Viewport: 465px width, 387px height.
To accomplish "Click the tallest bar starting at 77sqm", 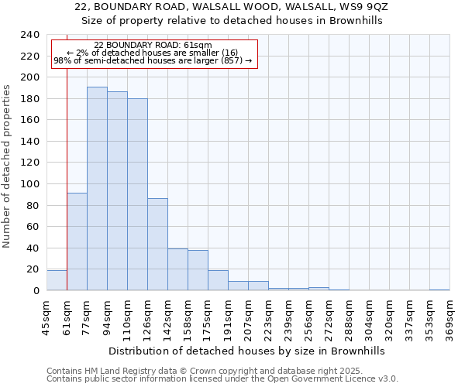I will click(97, 189).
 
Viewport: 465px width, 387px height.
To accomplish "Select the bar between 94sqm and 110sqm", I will click(117, 191).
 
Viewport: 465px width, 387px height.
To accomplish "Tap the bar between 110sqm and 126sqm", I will click(137, 194).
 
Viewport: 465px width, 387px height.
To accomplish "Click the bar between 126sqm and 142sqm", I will click(157, 245).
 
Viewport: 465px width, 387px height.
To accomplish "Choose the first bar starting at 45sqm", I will click(57, 280).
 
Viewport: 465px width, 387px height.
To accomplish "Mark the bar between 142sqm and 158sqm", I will click(177, 269).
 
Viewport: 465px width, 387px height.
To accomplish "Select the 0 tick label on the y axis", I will click(36, 291).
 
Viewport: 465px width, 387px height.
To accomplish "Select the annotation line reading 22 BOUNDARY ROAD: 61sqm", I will click(153, 45).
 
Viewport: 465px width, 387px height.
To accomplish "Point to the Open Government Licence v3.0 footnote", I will click(222, 379).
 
